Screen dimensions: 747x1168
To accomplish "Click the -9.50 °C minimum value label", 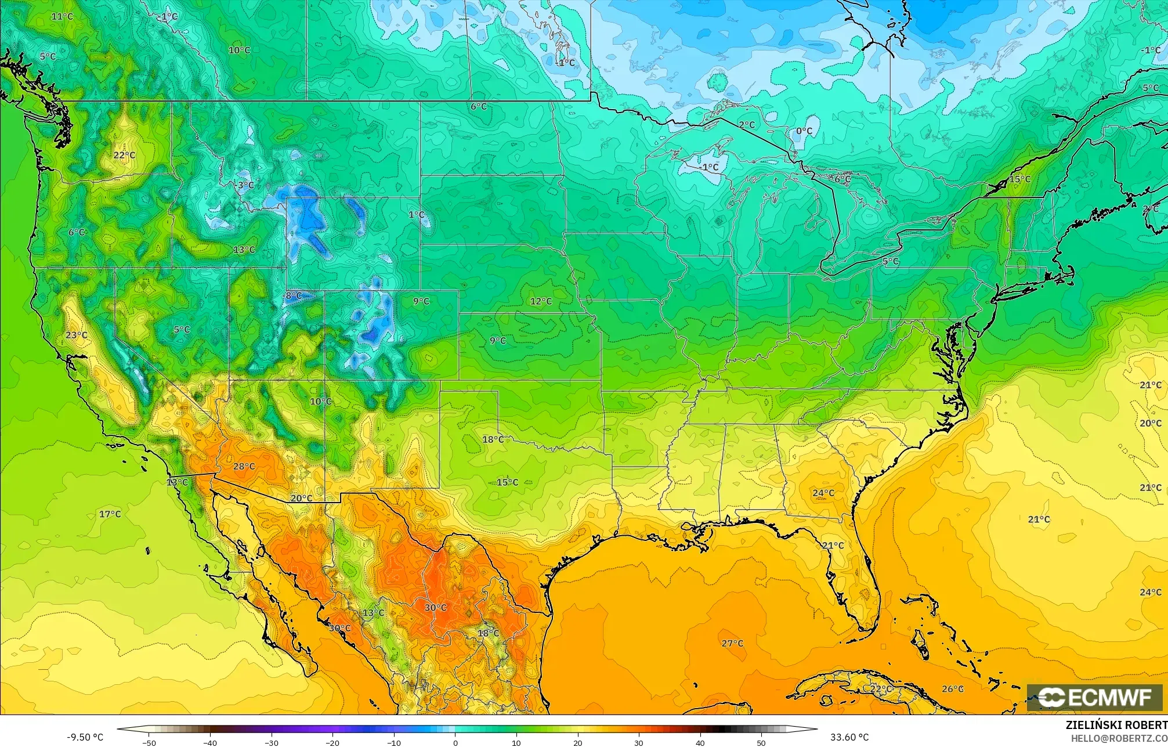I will click(85, 738).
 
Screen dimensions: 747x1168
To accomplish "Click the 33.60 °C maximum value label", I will click(849, 738).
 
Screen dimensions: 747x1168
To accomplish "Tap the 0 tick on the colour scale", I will click(455, 742).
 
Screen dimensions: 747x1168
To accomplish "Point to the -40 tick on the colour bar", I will click(210, 742).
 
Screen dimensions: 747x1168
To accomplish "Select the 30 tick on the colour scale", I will click(639, 742).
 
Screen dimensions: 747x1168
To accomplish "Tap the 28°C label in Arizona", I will click(244, 466).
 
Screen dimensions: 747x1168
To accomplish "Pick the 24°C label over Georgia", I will click(823, 493).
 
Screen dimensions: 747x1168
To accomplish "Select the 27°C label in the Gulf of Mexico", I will click(732, 643).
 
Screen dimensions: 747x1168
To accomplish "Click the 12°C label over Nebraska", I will click(541, 301).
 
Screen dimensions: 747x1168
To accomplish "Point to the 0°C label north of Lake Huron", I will click(804, 131).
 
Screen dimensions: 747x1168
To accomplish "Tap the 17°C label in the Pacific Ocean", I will click(110, 514).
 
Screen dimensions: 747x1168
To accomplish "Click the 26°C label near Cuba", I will click(952, 689).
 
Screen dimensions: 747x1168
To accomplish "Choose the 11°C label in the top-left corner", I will click(62, 16).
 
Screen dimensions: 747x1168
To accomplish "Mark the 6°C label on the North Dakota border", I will click(479, 107).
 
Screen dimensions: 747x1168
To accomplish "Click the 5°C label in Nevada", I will click(182, 330).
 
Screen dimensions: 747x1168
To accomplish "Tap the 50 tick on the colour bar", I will click(761, 742).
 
